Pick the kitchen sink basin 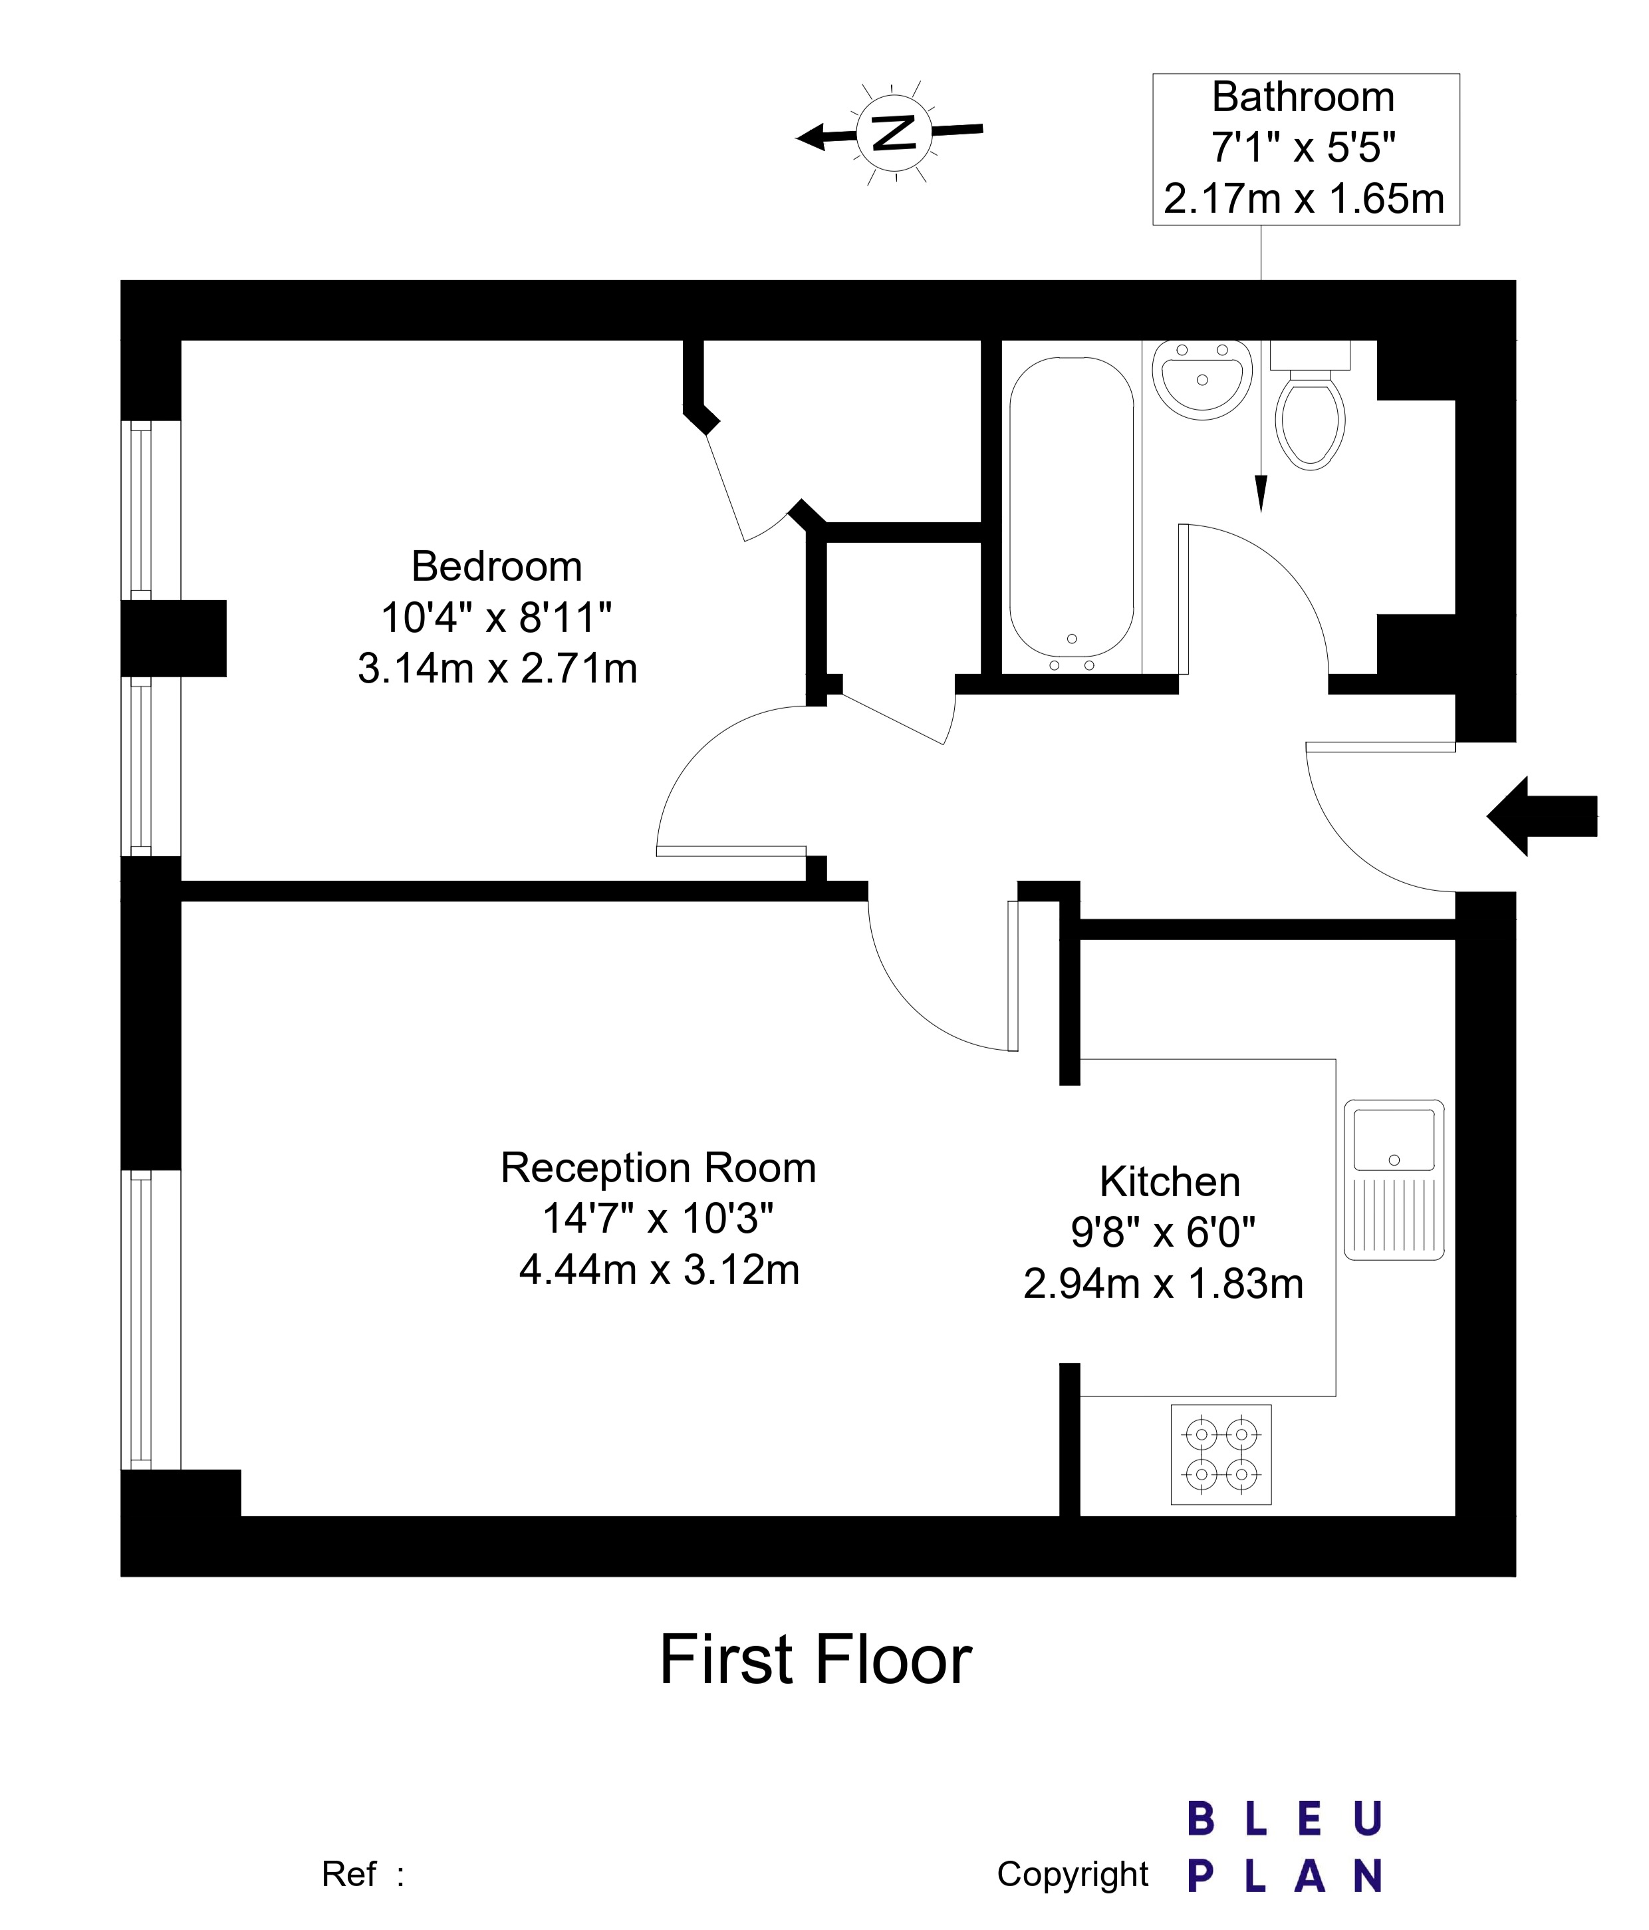tap(1394, 1139)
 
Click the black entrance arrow tap(1542, 816)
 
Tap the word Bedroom tap(496, 566)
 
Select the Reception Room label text tap(658, 1167)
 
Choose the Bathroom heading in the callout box tap(1303, 97)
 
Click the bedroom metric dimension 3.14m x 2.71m tap(497, 669)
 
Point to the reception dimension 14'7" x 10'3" tap(658, 1218)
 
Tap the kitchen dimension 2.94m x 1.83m tap(1163, 1283)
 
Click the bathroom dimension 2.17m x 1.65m tap(1303, 198)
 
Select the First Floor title tap(816, 1660)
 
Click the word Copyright tap(1073, 1874)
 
